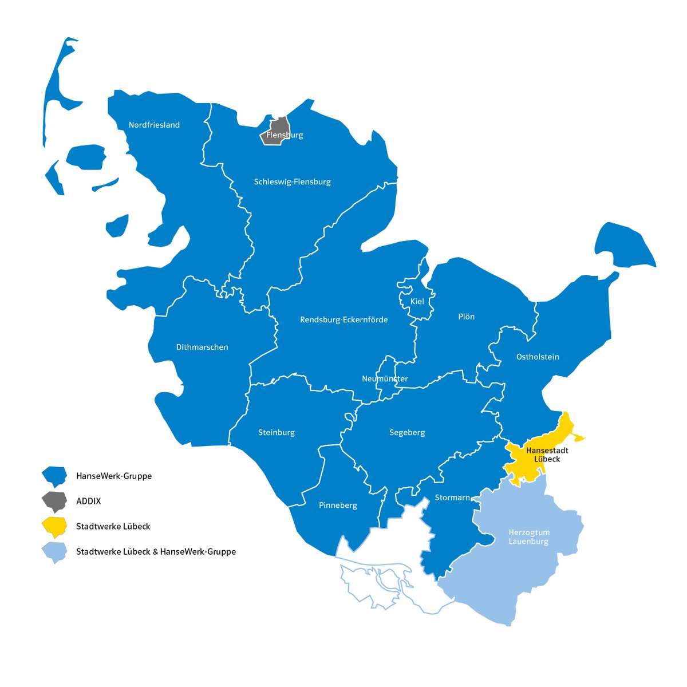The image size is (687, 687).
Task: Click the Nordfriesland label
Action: point(154,125)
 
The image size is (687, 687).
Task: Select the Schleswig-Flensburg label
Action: point(292,181)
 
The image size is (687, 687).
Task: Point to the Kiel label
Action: point(417,301)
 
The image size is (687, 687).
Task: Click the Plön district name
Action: point(466,317)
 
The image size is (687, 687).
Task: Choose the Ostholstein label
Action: point(538,357)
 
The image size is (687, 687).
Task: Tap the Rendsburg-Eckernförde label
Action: point(343,319)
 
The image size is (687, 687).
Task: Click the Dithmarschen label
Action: point(202,347)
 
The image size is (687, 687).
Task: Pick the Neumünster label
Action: point(385,378)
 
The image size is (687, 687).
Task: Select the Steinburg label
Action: point(277,432)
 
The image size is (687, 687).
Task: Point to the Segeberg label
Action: point(407,432)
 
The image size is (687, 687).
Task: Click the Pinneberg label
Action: point(338,505)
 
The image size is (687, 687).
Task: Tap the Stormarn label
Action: point(452,498)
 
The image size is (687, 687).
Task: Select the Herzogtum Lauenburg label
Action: point(528,536)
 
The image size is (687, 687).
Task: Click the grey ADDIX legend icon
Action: point(54,501)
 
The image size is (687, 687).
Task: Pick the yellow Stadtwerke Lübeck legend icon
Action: point(54,526)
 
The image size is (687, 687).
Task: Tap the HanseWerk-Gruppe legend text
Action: point(114,476)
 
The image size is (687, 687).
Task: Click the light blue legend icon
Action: point(54,552)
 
